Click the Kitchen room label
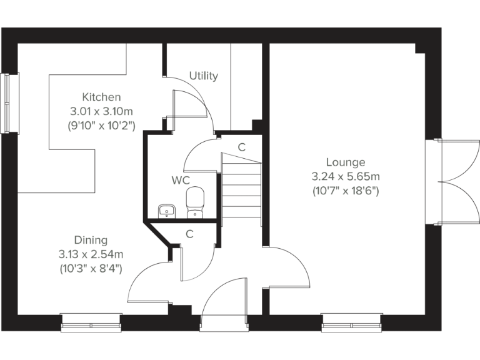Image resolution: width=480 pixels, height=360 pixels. (x=101, y=97)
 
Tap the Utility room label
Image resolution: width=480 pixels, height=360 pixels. (x=204, y=76)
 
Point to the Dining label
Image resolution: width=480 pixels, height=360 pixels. (x=91, y=240)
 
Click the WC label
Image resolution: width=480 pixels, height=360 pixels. (x=181, y=181)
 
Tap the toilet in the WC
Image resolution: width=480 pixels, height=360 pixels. (x=196, y=203)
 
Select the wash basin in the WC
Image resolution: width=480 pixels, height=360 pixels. (x=166, y=210)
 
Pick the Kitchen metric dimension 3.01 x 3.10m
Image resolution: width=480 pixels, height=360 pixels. (x=101, y=111)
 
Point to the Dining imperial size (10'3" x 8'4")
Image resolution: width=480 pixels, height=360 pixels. (x=91, y=268)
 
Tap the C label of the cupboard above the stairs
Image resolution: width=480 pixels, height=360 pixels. (x=241, y=147)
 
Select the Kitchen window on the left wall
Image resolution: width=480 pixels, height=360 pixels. (x=9, y=102)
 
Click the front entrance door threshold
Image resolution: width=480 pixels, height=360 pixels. (x=224, y=324)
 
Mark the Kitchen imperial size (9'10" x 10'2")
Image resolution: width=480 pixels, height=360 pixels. (x=101, y=125)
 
